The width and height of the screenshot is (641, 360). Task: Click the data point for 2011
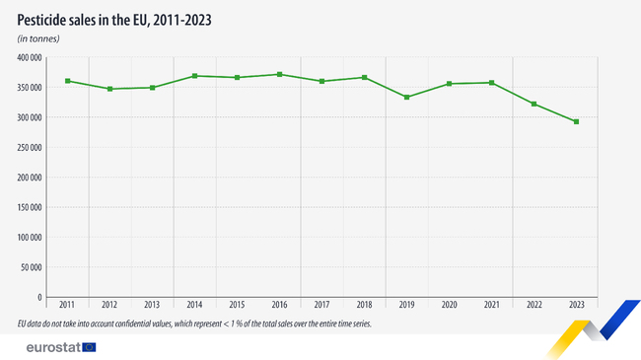pos(67,81)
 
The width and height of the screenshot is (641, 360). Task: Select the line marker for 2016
pos(279,74)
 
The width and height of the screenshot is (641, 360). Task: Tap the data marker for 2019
pos(407,97)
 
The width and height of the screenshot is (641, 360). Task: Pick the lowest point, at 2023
pos(577,122)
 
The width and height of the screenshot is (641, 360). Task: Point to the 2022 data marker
pos(534,104)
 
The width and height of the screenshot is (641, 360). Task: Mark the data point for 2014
pos(194,76)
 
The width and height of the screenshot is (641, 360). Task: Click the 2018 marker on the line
pos(365,77)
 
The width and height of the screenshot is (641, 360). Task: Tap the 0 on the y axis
pos(38,297)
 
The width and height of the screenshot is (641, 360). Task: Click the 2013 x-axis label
pos(152,306)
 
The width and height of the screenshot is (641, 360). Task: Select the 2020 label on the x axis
pos(450,306)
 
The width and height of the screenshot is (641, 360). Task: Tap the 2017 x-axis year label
pos(321,306)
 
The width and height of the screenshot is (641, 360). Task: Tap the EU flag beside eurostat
pos(90,346)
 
